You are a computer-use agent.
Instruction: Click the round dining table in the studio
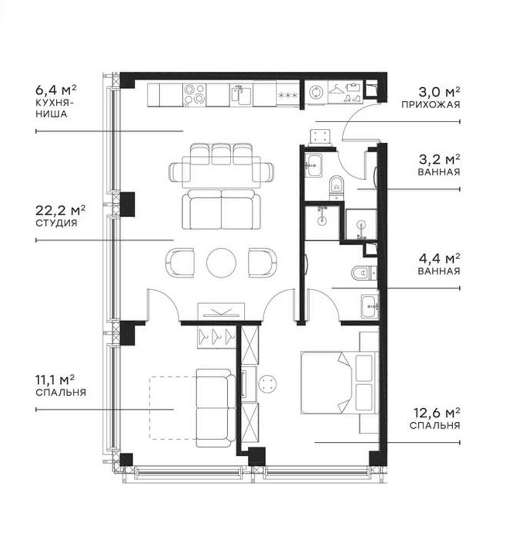coord(221,262)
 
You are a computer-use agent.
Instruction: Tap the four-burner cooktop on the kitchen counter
coord(195,94)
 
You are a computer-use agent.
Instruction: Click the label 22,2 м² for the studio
coord(61,211)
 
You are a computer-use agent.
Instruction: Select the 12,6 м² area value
coord(437,413)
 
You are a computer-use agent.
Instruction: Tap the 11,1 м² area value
coord(55,380)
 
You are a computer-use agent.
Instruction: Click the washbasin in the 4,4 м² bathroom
coord(369,306)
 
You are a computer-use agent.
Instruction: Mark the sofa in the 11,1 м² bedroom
coord(214,408)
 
